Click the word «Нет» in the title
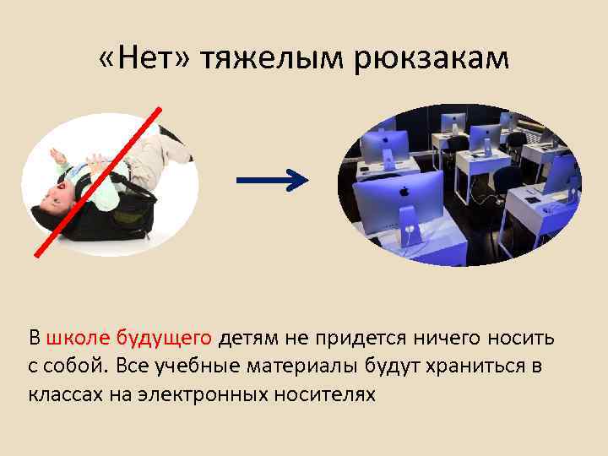[144, 58]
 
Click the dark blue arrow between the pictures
[270, 179]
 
